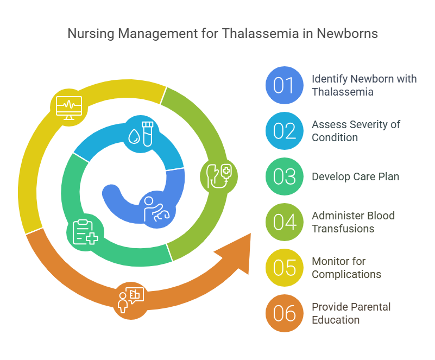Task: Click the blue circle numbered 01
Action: (285, 85)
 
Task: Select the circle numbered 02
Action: (285, 131)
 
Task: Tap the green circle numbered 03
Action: (285, 176)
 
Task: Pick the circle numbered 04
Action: (285, 222)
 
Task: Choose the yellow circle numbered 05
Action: (285, 268)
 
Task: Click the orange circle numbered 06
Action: (285, 313)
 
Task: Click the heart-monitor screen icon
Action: (69, 108)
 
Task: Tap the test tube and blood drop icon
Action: (141, 134)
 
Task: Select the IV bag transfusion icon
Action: (219, 176)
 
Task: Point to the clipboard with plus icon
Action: (85, 232)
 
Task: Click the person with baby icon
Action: (156, 210)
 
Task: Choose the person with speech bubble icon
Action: (131, 300)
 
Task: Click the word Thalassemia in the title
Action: (260, 34)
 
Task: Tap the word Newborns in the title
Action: (348, 34)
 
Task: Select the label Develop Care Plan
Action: (355, 176)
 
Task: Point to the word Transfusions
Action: (343, 229)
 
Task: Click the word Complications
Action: (346, 275)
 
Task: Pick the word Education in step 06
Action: (336, 320)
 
